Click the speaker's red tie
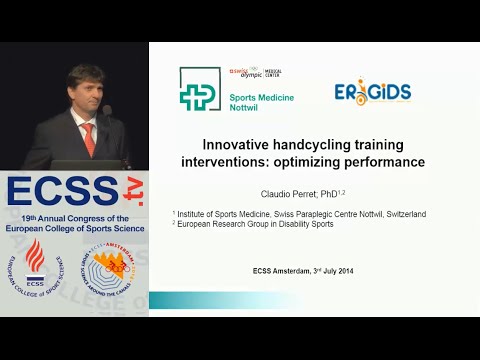[x=88, y=139]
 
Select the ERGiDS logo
[x=372, y=93]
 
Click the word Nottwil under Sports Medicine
[x=248, y=105]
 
